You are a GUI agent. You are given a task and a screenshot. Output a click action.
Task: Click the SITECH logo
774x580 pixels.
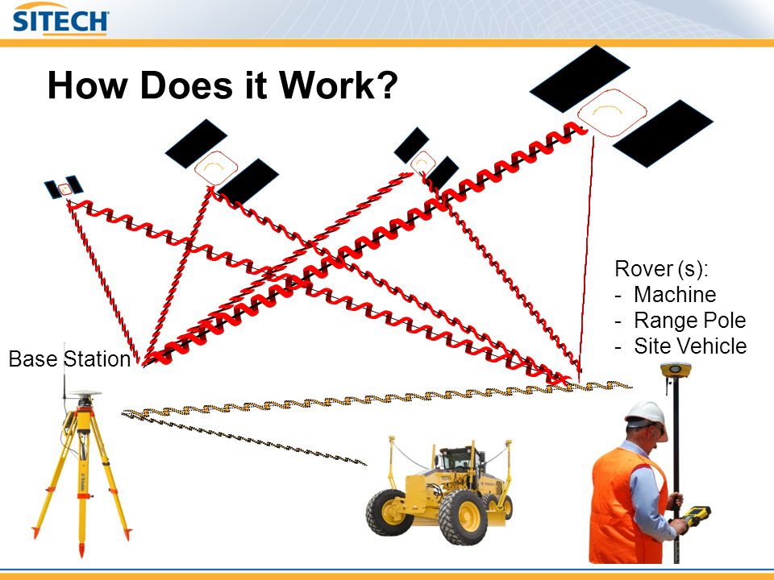pos(60,19)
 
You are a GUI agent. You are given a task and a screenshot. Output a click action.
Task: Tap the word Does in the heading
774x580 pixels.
pos(186,85)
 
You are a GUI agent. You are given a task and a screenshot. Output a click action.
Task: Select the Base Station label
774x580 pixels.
pos(69,358)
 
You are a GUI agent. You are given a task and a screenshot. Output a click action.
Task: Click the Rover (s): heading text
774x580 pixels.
pos(661,269)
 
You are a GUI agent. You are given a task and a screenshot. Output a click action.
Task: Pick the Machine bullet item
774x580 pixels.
pos(675,295)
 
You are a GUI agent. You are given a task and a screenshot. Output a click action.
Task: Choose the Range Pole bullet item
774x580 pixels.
pos(689,320)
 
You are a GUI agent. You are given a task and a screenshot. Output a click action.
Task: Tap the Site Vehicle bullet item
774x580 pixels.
pos(690,346)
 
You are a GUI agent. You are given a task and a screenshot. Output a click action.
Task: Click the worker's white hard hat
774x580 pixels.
pos(645,414)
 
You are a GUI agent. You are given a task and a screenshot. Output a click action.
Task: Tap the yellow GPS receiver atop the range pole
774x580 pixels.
pos(676,370)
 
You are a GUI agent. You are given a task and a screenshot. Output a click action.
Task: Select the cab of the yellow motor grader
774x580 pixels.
pos(459,460)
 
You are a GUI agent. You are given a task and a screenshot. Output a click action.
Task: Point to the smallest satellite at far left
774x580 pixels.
pos(64,188)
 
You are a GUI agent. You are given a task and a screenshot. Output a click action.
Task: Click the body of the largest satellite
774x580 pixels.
pos(612,113)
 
